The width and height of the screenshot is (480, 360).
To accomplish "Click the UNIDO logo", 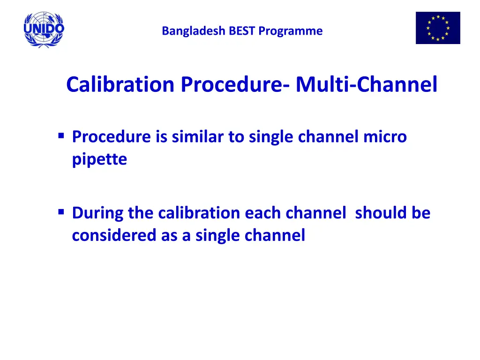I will [44, 29].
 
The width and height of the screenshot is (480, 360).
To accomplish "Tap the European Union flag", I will [438, 28].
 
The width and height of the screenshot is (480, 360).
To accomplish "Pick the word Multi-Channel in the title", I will [366, 85].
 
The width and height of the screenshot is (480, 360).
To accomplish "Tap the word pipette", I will [99, 160].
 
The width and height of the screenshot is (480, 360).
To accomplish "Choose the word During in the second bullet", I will [97, 213].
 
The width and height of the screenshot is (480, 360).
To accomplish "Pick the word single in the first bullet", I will [271, 137].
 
